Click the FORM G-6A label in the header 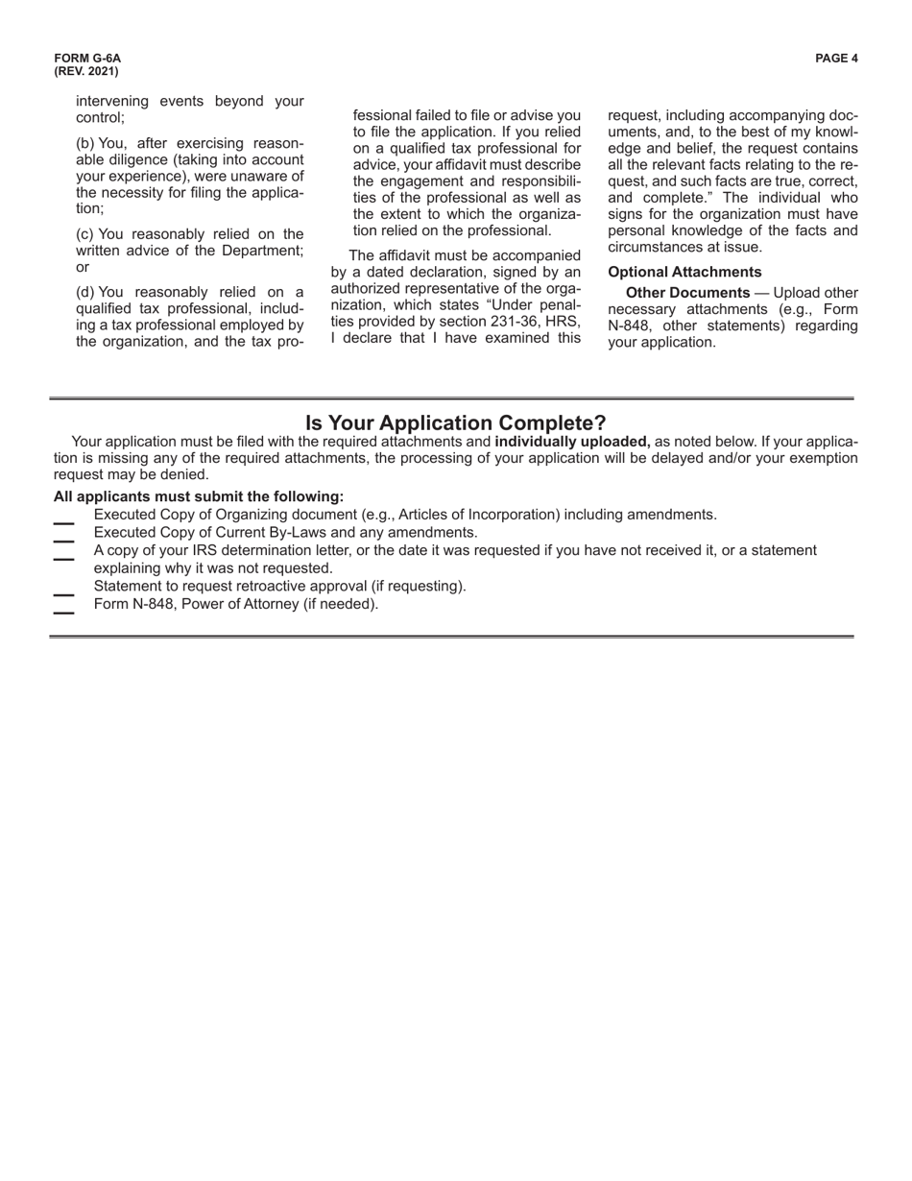click(x=87, y=59)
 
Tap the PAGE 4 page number click(x=836, y=59)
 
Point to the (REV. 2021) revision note click(x=86, y=72)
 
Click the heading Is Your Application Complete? click(x=455, y=422)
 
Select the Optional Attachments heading click(x=684, y=272)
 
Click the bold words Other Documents click(x=687, y=293)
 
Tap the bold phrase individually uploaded click(x=572, y=442)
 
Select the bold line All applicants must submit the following click(x=199, y=496)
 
